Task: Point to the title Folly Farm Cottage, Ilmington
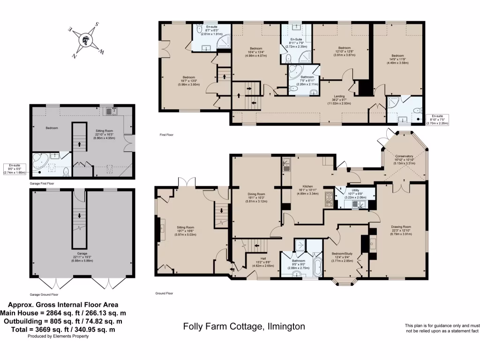(x=244, y=326)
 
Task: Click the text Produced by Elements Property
(x=58, y=336)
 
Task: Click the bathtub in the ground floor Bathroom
(x=318, y=266)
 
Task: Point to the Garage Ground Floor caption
(x=44, y=295)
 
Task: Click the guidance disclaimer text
(x=442, y=328)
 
